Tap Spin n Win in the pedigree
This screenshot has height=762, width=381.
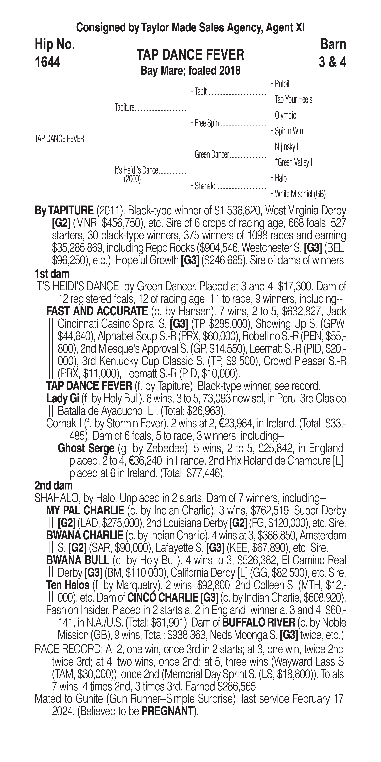(x=289, y=131)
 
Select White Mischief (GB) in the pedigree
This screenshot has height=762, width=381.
(x=300, y=194)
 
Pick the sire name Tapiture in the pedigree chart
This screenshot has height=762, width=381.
(x=125, y=108)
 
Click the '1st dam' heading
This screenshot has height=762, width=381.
(x=52, y=274)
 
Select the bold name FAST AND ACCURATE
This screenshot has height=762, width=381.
(x=97, y=311)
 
